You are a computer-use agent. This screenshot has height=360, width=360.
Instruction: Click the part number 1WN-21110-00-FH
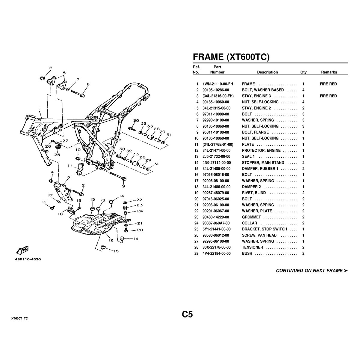pos(218,84)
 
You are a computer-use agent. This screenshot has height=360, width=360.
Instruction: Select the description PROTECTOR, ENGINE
pos(261,151)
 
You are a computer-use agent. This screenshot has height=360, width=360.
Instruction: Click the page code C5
pos(187,314)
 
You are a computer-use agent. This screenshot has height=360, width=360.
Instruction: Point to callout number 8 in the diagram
pos(51,68)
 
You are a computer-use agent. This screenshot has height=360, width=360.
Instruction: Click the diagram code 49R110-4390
pos(27,259)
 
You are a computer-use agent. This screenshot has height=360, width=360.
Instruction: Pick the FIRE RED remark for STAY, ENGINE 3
pos(328,96)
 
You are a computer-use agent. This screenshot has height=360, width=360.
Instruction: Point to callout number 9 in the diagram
pos(124,186)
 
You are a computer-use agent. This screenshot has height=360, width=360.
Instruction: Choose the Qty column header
pos(303,72)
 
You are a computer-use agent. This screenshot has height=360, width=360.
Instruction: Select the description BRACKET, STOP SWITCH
pos(264,229)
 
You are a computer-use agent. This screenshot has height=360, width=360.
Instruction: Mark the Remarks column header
pos(329,72)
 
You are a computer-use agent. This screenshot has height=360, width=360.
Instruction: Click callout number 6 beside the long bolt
pos(88,84)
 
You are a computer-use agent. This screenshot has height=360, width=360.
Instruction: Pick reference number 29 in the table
pos(196,253)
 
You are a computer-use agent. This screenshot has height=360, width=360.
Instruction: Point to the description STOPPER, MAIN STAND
pos(263,163)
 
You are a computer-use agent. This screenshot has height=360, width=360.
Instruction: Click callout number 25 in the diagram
pos(57,155)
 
